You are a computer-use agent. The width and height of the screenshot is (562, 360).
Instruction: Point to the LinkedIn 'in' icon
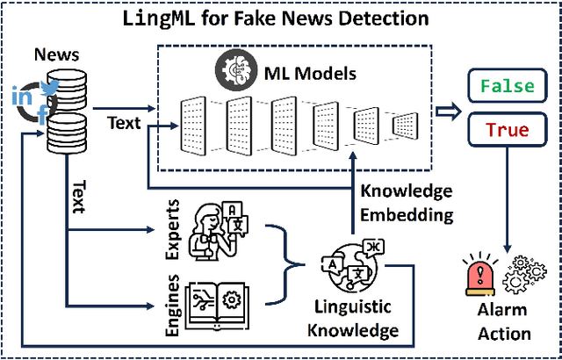pos(20,97)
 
